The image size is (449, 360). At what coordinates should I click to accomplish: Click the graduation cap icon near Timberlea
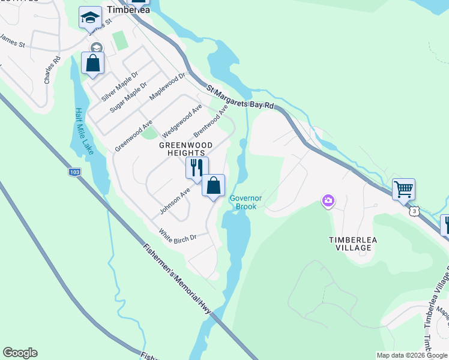90,17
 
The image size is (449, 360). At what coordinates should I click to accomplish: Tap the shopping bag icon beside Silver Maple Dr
93,63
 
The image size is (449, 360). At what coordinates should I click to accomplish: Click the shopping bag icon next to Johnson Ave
213,185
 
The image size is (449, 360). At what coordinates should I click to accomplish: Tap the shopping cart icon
404,189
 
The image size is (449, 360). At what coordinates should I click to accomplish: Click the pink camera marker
328,200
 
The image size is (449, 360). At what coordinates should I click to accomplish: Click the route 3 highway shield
414,211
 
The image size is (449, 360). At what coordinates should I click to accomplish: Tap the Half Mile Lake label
83,131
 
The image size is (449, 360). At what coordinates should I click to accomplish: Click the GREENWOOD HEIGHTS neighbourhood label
186,149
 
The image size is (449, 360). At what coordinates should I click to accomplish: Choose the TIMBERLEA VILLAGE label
353,244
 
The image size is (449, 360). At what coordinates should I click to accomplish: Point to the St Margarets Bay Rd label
240,97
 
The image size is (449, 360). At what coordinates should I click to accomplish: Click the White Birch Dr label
178,235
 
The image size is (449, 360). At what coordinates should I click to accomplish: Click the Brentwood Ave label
211,120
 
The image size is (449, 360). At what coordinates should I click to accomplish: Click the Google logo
20,353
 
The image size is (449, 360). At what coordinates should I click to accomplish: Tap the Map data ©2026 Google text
412,355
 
